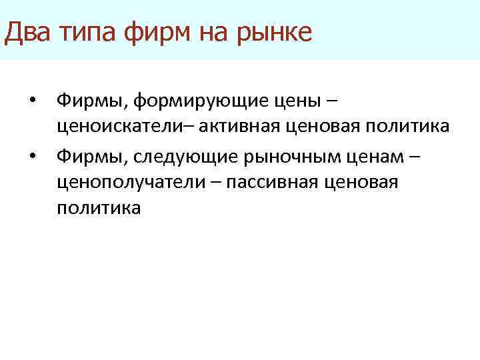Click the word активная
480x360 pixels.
(x=230, y=127)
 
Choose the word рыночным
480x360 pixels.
(x=293, y=155)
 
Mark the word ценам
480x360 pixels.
(x=379, y=155)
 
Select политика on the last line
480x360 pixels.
(x=99, y=208)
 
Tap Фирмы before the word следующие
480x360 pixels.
(x=91, y=155)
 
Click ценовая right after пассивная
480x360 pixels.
(x=367, y=182)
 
